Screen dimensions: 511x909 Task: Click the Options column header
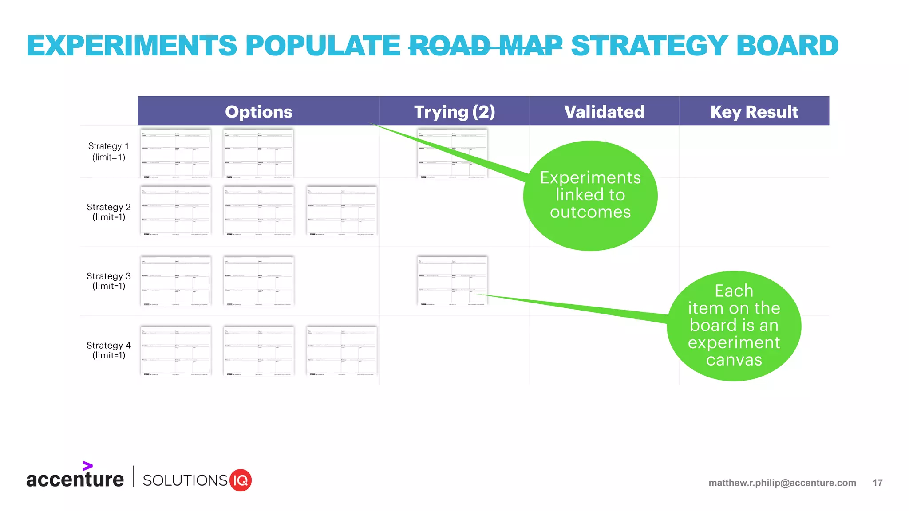pyautogui.click(x=258, y=111)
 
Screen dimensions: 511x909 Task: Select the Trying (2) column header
pyautogui.click(x=454, y=111)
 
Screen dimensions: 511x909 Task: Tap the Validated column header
pyautogui.click(x=604, y=111)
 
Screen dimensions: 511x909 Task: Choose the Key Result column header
pyautogui.click(x=754, y=111)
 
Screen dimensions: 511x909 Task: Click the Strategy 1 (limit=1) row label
pyautogui.click(x=108, y=151)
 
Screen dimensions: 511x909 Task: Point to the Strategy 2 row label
pyautogui.click(x=108, y=212)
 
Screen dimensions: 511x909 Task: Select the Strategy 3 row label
pyautogui.click(x=108, y=281)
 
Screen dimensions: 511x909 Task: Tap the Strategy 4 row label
pyautogui.click(x=108, y=350)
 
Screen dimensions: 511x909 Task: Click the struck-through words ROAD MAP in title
pyautogui.click(x=485, y=46)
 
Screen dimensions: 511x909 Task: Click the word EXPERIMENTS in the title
pyautogui.click(x=132, y=46)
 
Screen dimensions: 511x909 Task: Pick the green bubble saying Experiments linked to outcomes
pyautogui.click(x=590, y=195)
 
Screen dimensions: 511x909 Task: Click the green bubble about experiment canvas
pyautogui.click(x=734, y=326)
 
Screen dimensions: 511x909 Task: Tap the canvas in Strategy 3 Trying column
pyautogui.click(x=452, y=280)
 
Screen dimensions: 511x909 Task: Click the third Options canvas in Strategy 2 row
pyautogui.click(x=341, y=210)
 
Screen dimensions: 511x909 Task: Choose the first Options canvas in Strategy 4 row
pyautogui.click(x=175, y=350)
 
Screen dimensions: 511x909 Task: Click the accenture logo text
pyautogui.click(x=75, y=480)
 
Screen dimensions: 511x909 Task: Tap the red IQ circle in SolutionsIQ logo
pyautogui.click(x=240, y=480)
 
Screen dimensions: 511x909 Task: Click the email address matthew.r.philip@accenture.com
pyautogui.click(x=782, y=483)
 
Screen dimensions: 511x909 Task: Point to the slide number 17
pyautogui.click(x=877, y=483)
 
